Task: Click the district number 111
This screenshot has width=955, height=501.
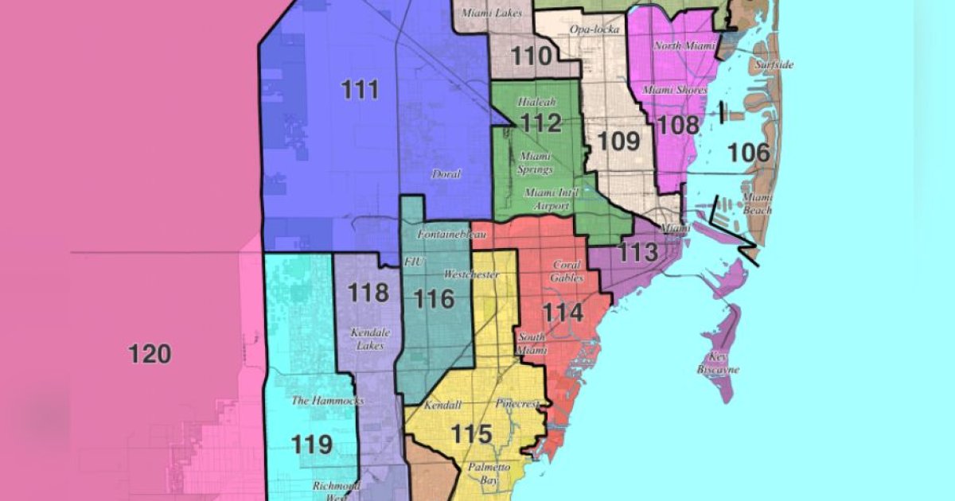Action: [360, 90]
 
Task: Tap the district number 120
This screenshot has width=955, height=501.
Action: [150, 353]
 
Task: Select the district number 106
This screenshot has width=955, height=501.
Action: [750, 153]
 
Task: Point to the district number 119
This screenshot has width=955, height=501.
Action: [311, 444]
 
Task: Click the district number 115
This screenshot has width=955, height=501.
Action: [472, 434]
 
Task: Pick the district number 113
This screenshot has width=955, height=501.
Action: [638, 253]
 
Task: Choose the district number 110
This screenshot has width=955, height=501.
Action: [532, 56]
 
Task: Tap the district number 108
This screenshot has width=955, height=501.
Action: [680, 124]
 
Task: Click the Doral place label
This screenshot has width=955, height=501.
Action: [446, 174]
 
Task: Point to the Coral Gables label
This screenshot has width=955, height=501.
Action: [567, 272]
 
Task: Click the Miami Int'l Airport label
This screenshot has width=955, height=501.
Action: [547, 200]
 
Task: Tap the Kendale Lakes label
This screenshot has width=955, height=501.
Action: [367, 340]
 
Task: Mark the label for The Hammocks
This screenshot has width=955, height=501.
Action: [327, 401]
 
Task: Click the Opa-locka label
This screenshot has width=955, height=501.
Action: [594, 29]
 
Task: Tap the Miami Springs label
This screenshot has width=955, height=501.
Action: [535, 162]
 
